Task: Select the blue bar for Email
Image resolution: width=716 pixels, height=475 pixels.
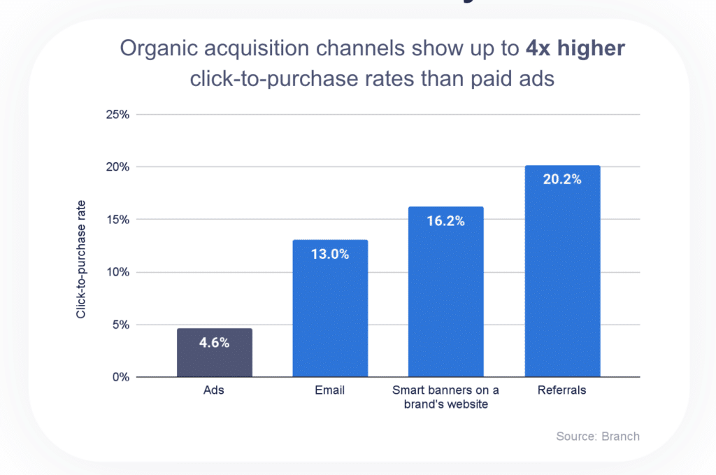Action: tap(330, 308)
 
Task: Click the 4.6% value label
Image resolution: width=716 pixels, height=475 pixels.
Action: tap(214, 343)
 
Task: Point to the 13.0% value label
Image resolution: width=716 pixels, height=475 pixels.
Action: tap(330, 254)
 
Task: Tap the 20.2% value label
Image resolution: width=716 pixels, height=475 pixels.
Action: tap(562, 179)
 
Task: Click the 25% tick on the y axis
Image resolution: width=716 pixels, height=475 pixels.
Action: tap(117, 114)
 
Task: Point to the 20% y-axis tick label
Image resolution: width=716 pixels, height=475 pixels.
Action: tap(117, 167)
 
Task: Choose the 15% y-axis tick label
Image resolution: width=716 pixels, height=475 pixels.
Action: tap(117, 220)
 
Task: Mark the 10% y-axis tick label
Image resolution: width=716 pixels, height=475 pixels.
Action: tap(117, 272)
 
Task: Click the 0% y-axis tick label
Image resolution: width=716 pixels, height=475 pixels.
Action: tap(120, 377)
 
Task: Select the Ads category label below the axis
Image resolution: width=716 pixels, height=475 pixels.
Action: tap(214, 390)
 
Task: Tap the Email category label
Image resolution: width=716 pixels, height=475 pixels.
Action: tap(330, 390)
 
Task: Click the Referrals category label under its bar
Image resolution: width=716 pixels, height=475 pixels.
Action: tap(562, 390)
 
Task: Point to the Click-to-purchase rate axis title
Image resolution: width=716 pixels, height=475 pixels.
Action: tap(81, 259)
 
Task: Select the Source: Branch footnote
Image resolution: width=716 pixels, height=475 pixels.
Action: tap(598, 436)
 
